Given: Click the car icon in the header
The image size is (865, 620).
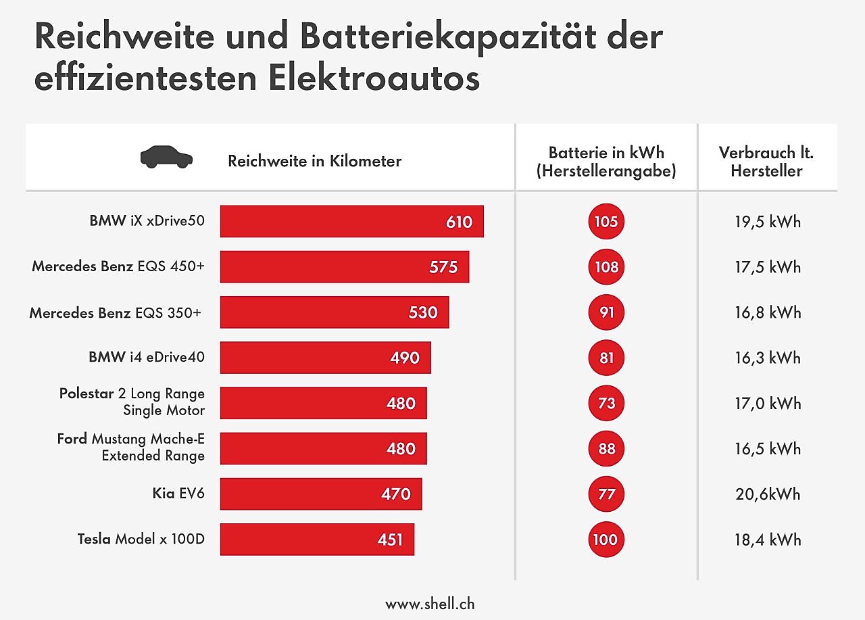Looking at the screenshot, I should (166, 157).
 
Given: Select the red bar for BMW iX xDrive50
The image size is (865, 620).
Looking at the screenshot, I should (351, 222).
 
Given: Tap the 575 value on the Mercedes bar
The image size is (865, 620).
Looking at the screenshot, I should (443, 267).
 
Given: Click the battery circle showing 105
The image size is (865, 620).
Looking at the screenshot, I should (606, 222).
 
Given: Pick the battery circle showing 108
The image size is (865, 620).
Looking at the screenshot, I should (606, 267).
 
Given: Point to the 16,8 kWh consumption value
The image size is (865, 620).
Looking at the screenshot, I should (768, 312).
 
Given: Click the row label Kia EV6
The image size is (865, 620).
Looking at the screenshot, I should (178, 494).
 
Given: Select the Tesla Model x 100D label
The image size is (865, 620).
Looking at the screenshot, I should (141, 539).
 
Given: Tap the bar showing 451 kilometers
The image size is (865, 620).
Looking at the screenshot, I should (317, 539).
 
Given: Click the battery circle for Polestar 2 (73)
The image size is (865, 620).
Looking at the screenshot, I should (606, 403).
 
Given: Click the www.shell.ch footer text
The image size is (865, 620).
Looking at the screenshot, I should (430, 604).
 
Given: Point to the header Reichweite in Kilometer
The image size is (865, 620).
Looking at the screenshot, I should (314, 161).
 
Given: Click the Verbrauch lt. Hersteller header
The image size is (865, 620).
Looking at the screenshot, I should (766, 162).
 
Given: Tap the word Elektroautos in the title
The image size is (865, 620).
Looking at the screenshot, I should (374, 78).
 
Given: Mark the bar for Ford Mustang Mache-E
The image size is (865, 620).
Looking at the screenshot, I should (323, 448).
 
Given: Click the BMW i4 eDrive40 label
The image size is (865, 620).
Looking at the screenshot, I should (146, 357).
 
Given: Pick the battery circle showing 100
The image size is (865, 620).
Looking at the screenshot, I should (606, 539).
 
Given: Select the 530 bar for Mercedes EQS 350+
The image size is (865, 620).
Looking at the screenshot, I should (335, 312).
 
